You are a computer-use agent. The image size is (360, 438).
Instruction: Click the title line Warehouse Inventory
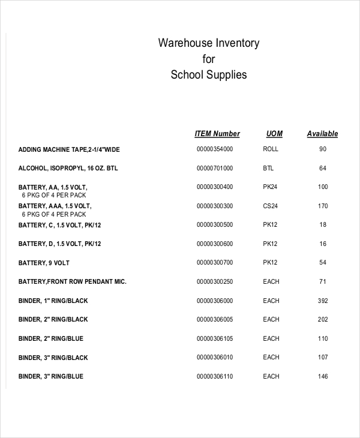pyautogui.click(x=209, y=43)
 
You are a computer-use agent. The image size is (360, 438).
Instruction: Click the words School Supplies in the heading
pyautogui.click(x=209, y=75)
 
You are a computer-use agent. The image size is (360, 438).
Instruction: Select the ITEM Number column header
pyautogui.click(x=217, y=134)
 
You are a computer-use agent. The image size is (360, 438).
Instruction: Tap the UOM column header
pyautogui.click(x=274, y=134)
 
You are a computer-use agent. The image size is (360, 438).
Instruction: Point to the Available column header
pyautogui.click(x=322, y=134)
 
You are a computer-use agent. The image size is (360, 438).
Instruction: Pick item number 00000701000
pyautogui.click(x=214, y=168)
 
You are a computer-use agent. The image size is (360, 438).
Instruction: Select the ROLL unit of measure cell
pyautogui.click(x=271, y=149)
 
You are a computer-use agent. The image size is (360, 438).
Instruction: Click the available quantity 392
pyautogui.click(x=323, y=301)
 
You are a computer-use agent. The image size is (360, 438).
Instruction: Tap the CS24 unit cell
pyautogui.click(x=271, y=206)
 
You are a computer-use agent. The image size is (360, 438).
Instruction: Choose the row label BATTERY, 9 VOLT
pyautogui.click(x=44, y=263)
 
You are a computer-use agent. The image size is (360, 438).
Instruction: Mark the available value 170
pyautogui.click(x=323, y=206)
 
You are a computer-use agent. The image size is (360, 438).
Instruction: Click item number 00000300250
pyautogui.click(x=214, y=281)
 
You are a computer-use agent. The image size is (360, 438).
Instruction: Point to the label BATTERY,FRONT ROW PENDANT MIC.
pyautogui.click(x=73, y=281)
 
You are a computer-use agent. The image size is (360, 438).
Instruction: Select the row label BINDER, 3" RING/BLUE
pyautogui.click(x=51, y=376)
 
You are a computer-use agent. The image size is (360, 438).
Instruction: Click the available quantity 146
pyautogui.click(x=323, y=376)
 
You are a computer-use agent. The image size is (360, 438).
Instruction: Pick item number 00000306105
pyautogui.click(x=214, y=338)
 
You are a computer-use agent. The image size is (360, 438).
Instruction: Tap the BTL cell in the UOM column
pyautogui.click(x=268, y=168)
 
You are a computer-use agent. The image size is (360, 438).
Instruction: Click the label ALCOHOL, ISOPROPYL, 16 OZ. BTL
pyautogui.click(x=68, y=168)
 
